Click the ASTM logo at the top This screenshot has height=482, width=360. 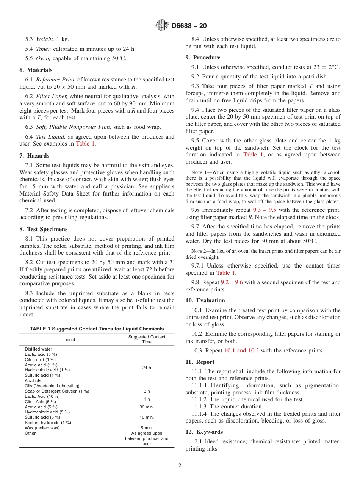162,26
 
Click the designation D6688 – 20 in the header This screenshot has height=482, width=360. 189,26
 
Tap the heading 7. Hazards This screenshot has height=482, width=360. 34,156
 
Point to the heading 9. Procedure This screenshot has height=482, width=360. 203,58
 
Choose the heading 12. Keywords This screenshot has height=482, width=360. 204,432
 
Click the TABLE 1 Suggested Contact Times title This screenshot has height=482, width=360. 97,329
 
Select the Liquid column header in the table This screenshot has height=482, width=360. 69,340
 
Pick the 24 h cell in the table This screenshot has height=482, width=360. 147,368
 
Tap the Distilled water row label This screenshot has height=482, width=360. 38,349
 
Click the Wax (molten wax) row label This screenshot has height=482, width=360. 42,428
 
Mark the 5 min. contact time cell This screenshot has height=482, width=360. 147,428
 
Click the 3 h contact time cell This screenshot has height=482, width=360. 147,391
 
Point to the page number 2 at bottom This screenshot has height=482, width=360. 180,466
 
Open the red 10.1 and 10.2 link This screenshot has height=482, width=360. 241,351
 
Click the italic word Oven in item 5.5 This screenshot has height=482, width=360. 43,58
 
